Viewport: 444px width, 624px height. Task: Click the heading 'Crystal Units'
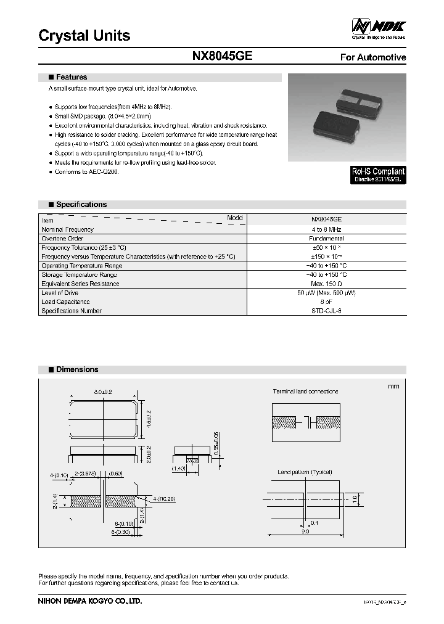point(84,36)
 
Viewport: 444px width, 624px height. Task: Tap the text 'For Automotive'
point(373,57)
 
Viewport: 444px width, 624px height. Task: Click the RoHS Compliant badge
point(378,175)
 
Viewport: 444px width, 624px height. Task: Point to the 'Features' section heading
point(71,78)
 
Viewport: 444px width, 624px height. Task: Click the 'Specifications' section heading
point(81,205)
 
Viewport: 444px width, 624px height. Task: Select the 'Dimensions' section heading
point(76,369)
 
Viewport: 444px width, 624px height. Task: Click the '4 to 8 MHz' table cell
point(326,229)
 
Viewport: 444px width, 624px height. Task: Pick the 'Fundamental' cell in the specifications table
point(326,238)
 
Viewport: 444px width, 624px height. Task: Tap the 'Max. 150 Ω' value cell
point(326,284)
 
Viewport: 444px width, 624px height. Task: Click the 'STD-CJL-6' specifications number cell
point(326,311)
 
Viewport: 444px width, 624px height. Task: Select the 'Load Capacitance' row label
point(65,302)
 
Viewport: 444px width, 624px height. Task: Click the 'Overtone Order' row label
point(62,238)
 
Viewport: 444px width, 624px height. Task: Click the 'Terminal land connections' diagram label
point(305,392)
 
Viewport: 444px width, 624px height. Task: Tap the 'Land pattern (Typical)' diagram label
point(305,472)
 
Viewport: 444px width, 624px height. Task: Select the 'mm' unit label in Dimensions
point(393,387)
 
